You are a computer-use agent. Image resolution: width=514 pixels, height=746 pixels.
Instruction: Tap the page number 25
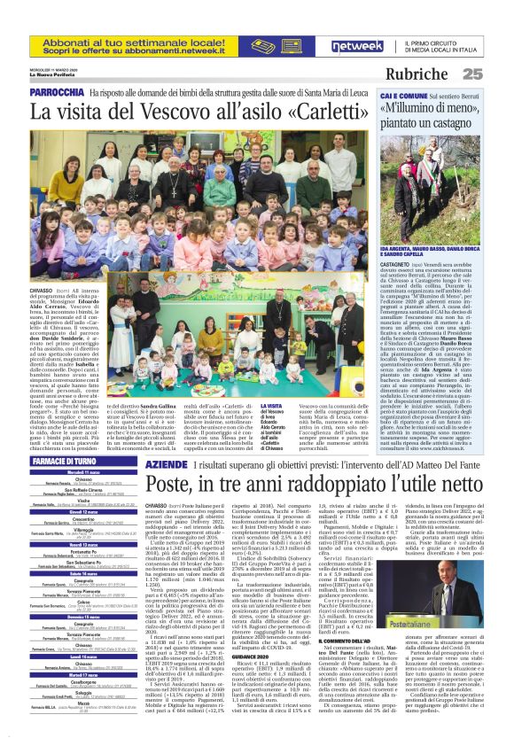496,74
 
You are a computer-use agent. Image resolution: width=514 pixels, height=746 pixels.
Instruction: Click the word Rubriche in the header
452,74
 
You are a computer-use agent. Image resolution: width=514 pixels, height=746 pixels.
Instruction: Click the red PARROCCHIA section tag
57,92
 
